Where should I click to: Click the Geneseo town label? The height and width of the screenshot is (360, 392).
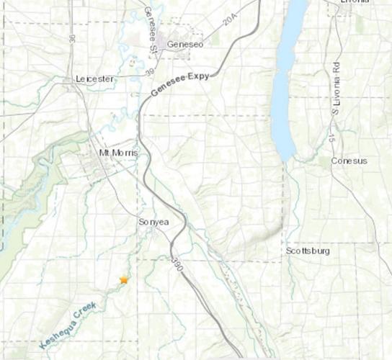(182, 45)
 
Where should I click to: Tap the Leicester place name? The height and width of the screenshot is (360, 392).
(94, 79)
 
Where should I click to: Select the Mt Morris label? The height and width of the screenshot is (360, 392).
(117, 154)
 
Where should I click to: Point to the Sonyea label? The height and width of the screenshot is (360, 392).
(153, 222)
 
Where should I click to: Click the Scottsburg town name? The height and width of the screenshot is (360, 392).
(308, 251)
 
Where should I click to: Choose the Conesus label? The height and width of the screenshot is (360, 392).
(349, 161)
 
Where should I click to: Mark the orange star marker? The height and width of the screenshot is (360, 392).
(124, 279)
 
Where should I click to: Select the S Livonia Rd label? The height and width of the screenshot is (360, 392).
(336, 86)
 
